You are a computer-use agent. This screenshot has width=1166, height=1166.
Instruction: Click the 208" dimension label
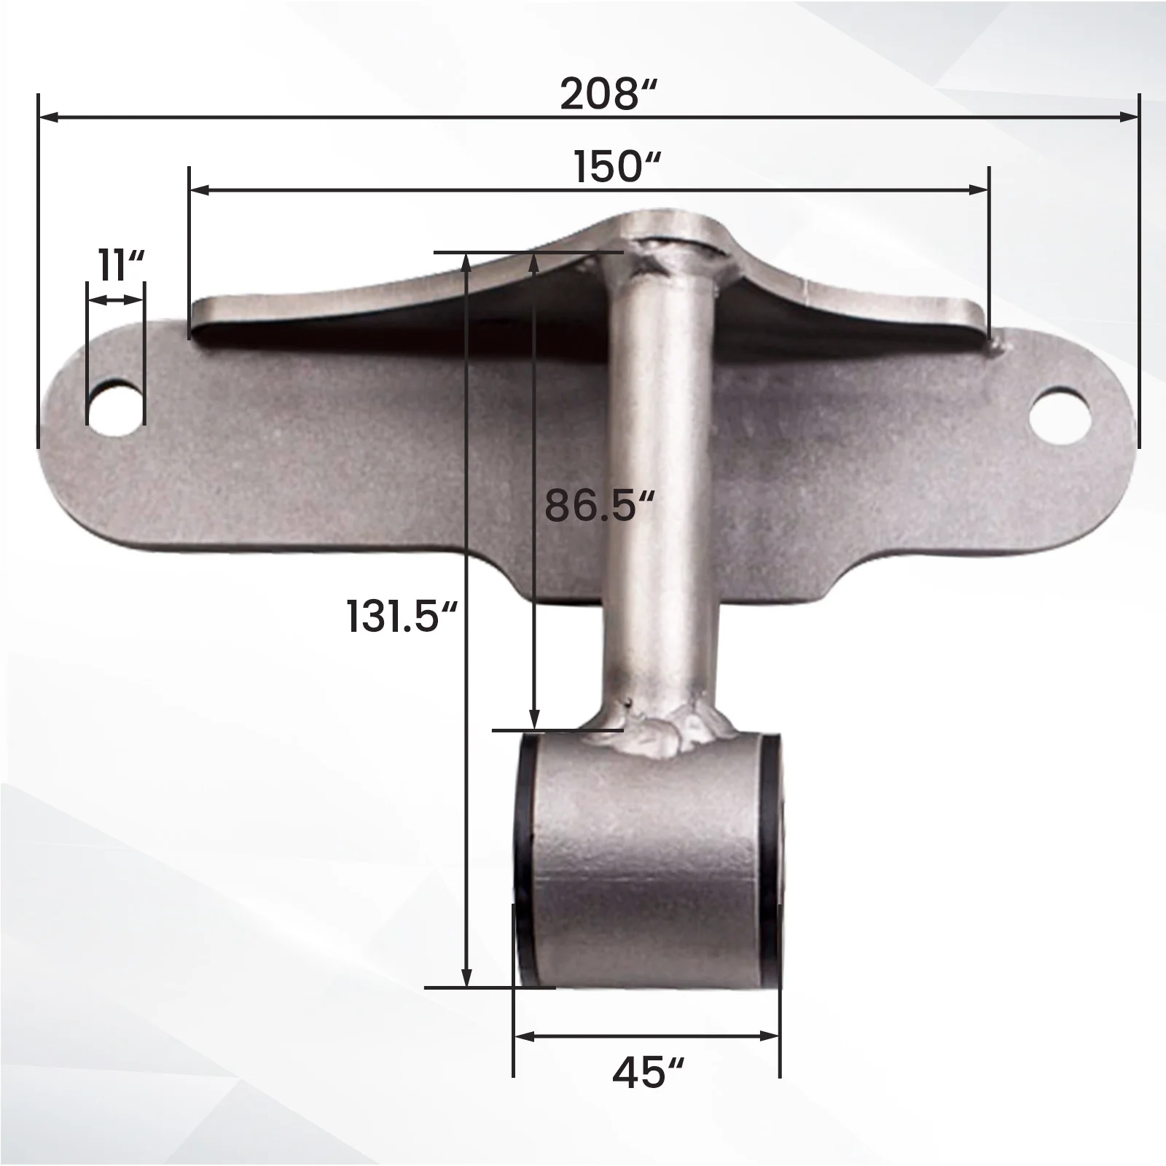tap(609, 95)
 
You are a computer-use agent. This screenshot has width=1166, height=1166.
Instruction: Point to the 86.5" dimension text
tap(599, 504)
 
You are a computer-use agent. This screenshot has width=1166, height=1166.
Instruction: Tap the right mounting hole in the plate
tap(1060, 418)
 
